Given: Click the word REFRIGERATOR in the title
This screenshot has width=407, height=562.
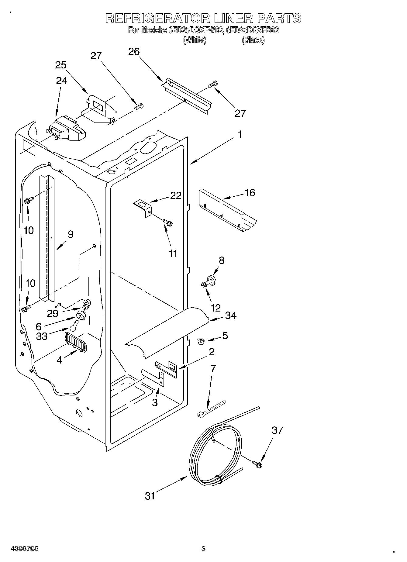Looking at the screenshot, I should tap(158, 19).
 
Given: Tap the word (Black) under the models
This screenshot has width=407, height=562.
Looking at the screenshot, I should tap(253, 40).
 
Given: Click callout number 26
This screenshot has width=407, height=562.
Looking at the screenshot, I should tap(134, 52).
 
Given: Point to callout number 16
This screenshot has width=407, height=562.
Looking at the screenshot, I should tap(250, 193).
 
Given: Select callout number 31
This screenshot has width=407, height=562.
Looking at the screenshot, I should tap(150, 496).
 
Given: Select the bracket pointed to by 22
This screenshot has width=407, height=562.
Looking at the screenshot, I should tap(143, 207).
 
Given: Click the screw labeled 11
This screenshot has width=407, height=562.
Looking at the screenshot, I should tap(167, 223).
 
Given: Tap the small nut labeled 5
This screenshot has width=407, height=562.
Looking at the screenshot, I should tap(200, 342).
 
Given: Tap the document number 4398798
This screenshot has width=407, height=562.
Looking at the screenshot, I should tap(24, 549).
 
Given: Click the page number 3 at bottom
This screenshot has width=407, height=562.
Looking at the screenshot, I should tap(203, 549).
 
